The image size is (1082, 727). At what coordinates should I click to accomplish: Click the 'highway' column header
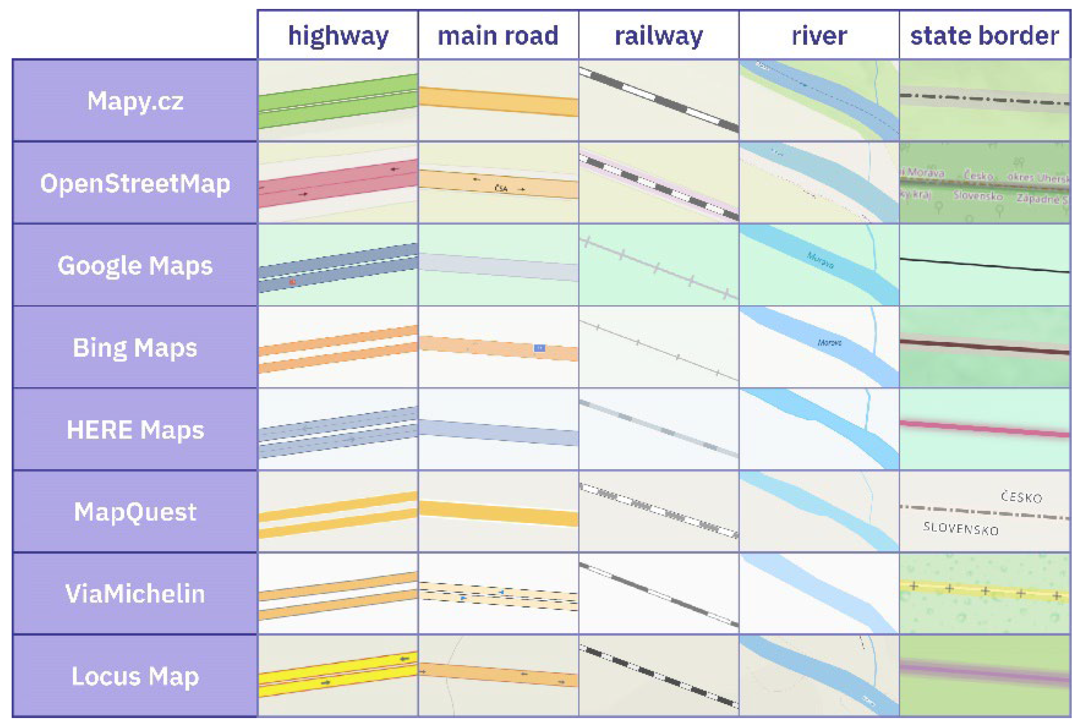pos(338,36)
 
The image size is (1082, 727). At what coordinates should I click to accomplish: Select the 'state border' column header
pos(984,36)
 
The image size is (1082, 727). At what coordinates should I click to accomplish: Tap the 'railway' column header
pos(659,36)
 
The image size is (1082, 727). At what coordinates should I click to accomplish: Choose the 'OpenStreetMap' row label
pos(135,183)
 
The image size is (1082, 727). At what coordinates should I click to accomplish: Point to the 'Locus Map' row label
pos(135,676)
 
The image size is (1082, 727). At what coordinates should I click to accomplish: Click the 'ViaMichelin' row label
pos(135,593)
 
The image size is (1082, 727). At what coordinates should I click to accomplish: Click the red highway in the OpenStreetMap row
pos(338,183)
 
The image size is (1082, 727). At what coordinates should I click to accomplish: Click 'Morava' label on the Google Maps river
pos(820,260)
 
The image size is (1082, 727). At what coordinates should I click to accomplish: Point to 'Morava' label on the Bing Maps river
pos(829,342)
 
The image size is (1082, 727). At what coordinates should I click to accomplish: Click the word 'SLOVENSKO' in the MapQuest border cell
pos(960,528)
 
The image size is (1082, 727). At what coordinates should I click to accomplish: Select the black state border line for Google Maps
pos(984,266)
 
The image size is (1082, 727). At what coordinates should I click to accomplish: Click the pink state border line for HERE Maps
pos(984,429)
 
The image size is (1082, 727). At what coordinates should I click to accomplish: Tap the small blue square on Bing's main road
pos(539,348)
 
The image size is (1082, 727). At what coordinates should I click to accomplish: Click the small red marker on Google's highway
pos(292,281)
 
